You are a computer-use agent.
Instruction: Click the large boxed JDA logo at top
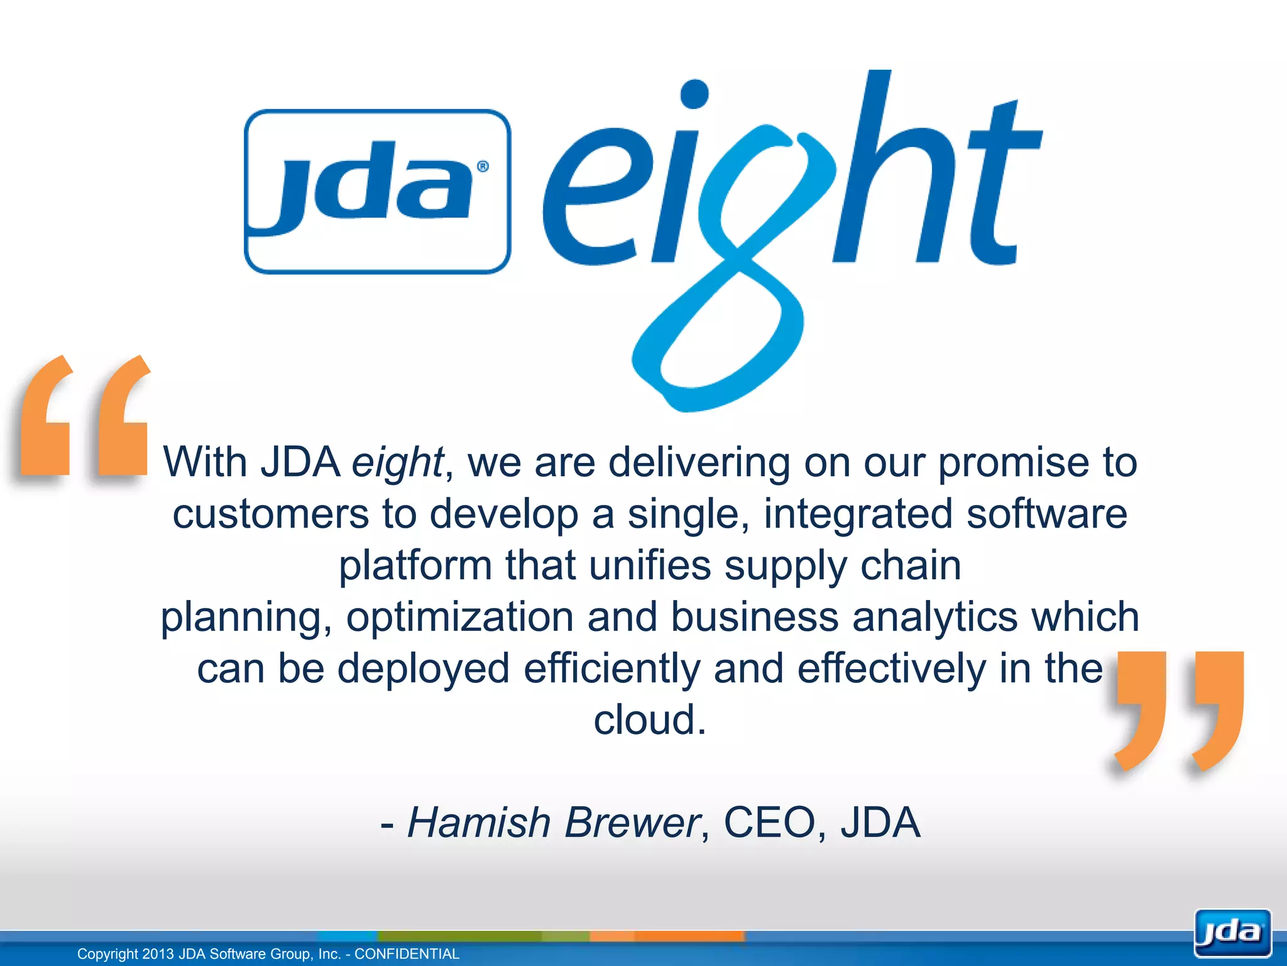[377, 191]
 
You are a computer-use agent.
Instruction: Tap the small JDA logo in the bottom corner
[1232, 933]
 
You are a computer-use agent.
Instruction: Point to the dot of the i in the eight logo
[694, 94]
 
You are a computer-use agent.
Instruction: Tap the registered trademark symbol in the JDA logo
[483, 167]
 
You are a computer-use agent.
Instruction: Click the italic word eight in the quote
[397, 463]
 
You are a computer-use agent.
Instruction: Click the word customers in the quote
[271, 514]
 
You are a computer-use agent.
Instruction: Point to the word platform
[415, 565]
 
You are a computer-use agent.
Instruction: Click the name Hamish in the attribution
[479, 822]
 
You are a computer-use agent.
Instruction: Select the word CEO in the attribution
[769, 822]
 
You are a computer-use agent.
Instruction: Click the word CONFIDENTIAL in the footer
[407, 954]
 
